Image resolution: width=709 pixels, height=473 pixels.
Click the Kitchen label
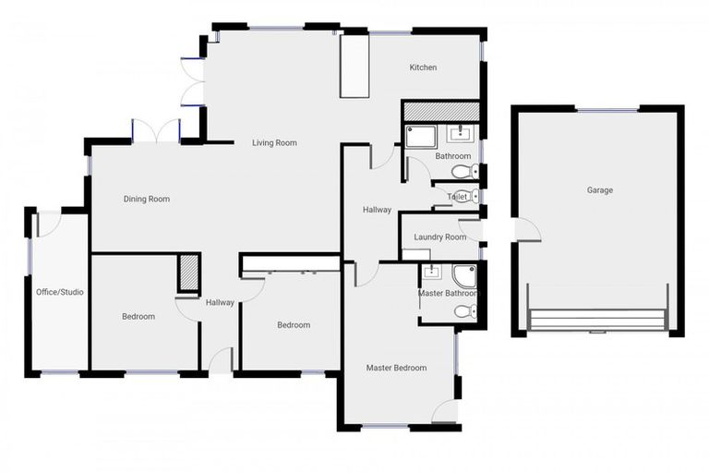click(x=423, y=67)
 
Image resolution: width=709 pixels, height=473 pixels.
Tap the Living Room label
click(x=274, y=142)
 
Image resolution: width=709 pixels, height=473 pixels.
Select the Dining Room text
click(x=147, y=199)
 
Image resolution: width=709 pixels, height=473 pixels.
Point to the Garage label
click(x=599, y=190)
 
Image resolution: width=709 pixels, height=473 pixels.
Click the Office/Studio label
click(x=59, y=292)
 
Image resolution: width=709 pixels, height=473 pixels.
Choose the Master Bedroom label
click(x=396, y=368)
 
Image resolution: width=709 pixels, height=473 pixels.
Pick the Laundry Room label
click(x=440, y=237)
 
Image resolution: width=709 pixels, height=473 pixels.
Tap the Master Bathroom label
click(x=449, y=294)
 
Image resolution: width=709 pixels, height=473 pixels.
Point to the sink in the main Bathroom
click(x=459, y=135)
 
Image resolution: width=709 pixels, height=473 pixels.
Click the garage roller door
click(x=597, y=319)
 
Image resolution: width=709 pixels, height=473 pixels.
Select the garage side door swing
click(x=527, y=229)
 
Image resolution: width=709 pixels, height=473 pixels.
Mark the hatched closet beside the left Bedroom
click(x=188, y=273)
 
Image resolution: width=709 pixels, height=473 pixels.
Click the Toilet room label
click(x=457, y=197)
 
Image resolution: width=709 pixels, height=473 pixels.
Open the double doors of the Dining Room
click(x=155, y=132)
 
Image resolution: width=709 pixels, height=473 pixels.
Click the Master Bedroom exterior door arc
click(x=445, y=412)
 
